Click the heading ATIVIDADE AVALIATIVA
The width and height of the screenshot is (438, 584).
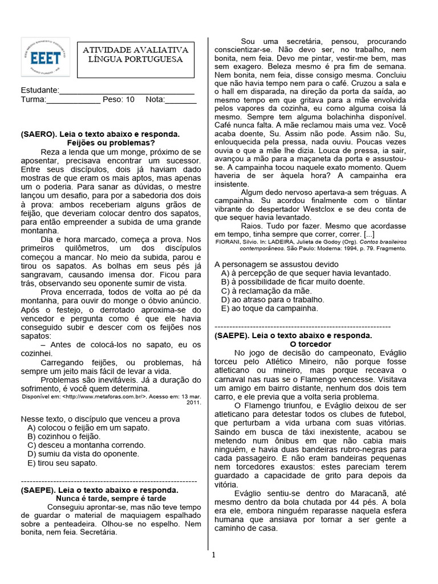136,50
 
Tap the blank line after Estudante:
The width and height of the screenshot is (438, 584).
127,90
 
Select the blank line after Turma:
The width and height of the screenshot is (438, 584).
73,99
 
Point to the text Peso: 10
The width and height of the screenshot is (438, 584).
119,99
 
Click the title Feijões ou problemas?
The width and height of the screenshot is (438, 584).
111,143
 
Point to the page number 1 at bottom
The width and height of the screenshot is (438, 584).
213,555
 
